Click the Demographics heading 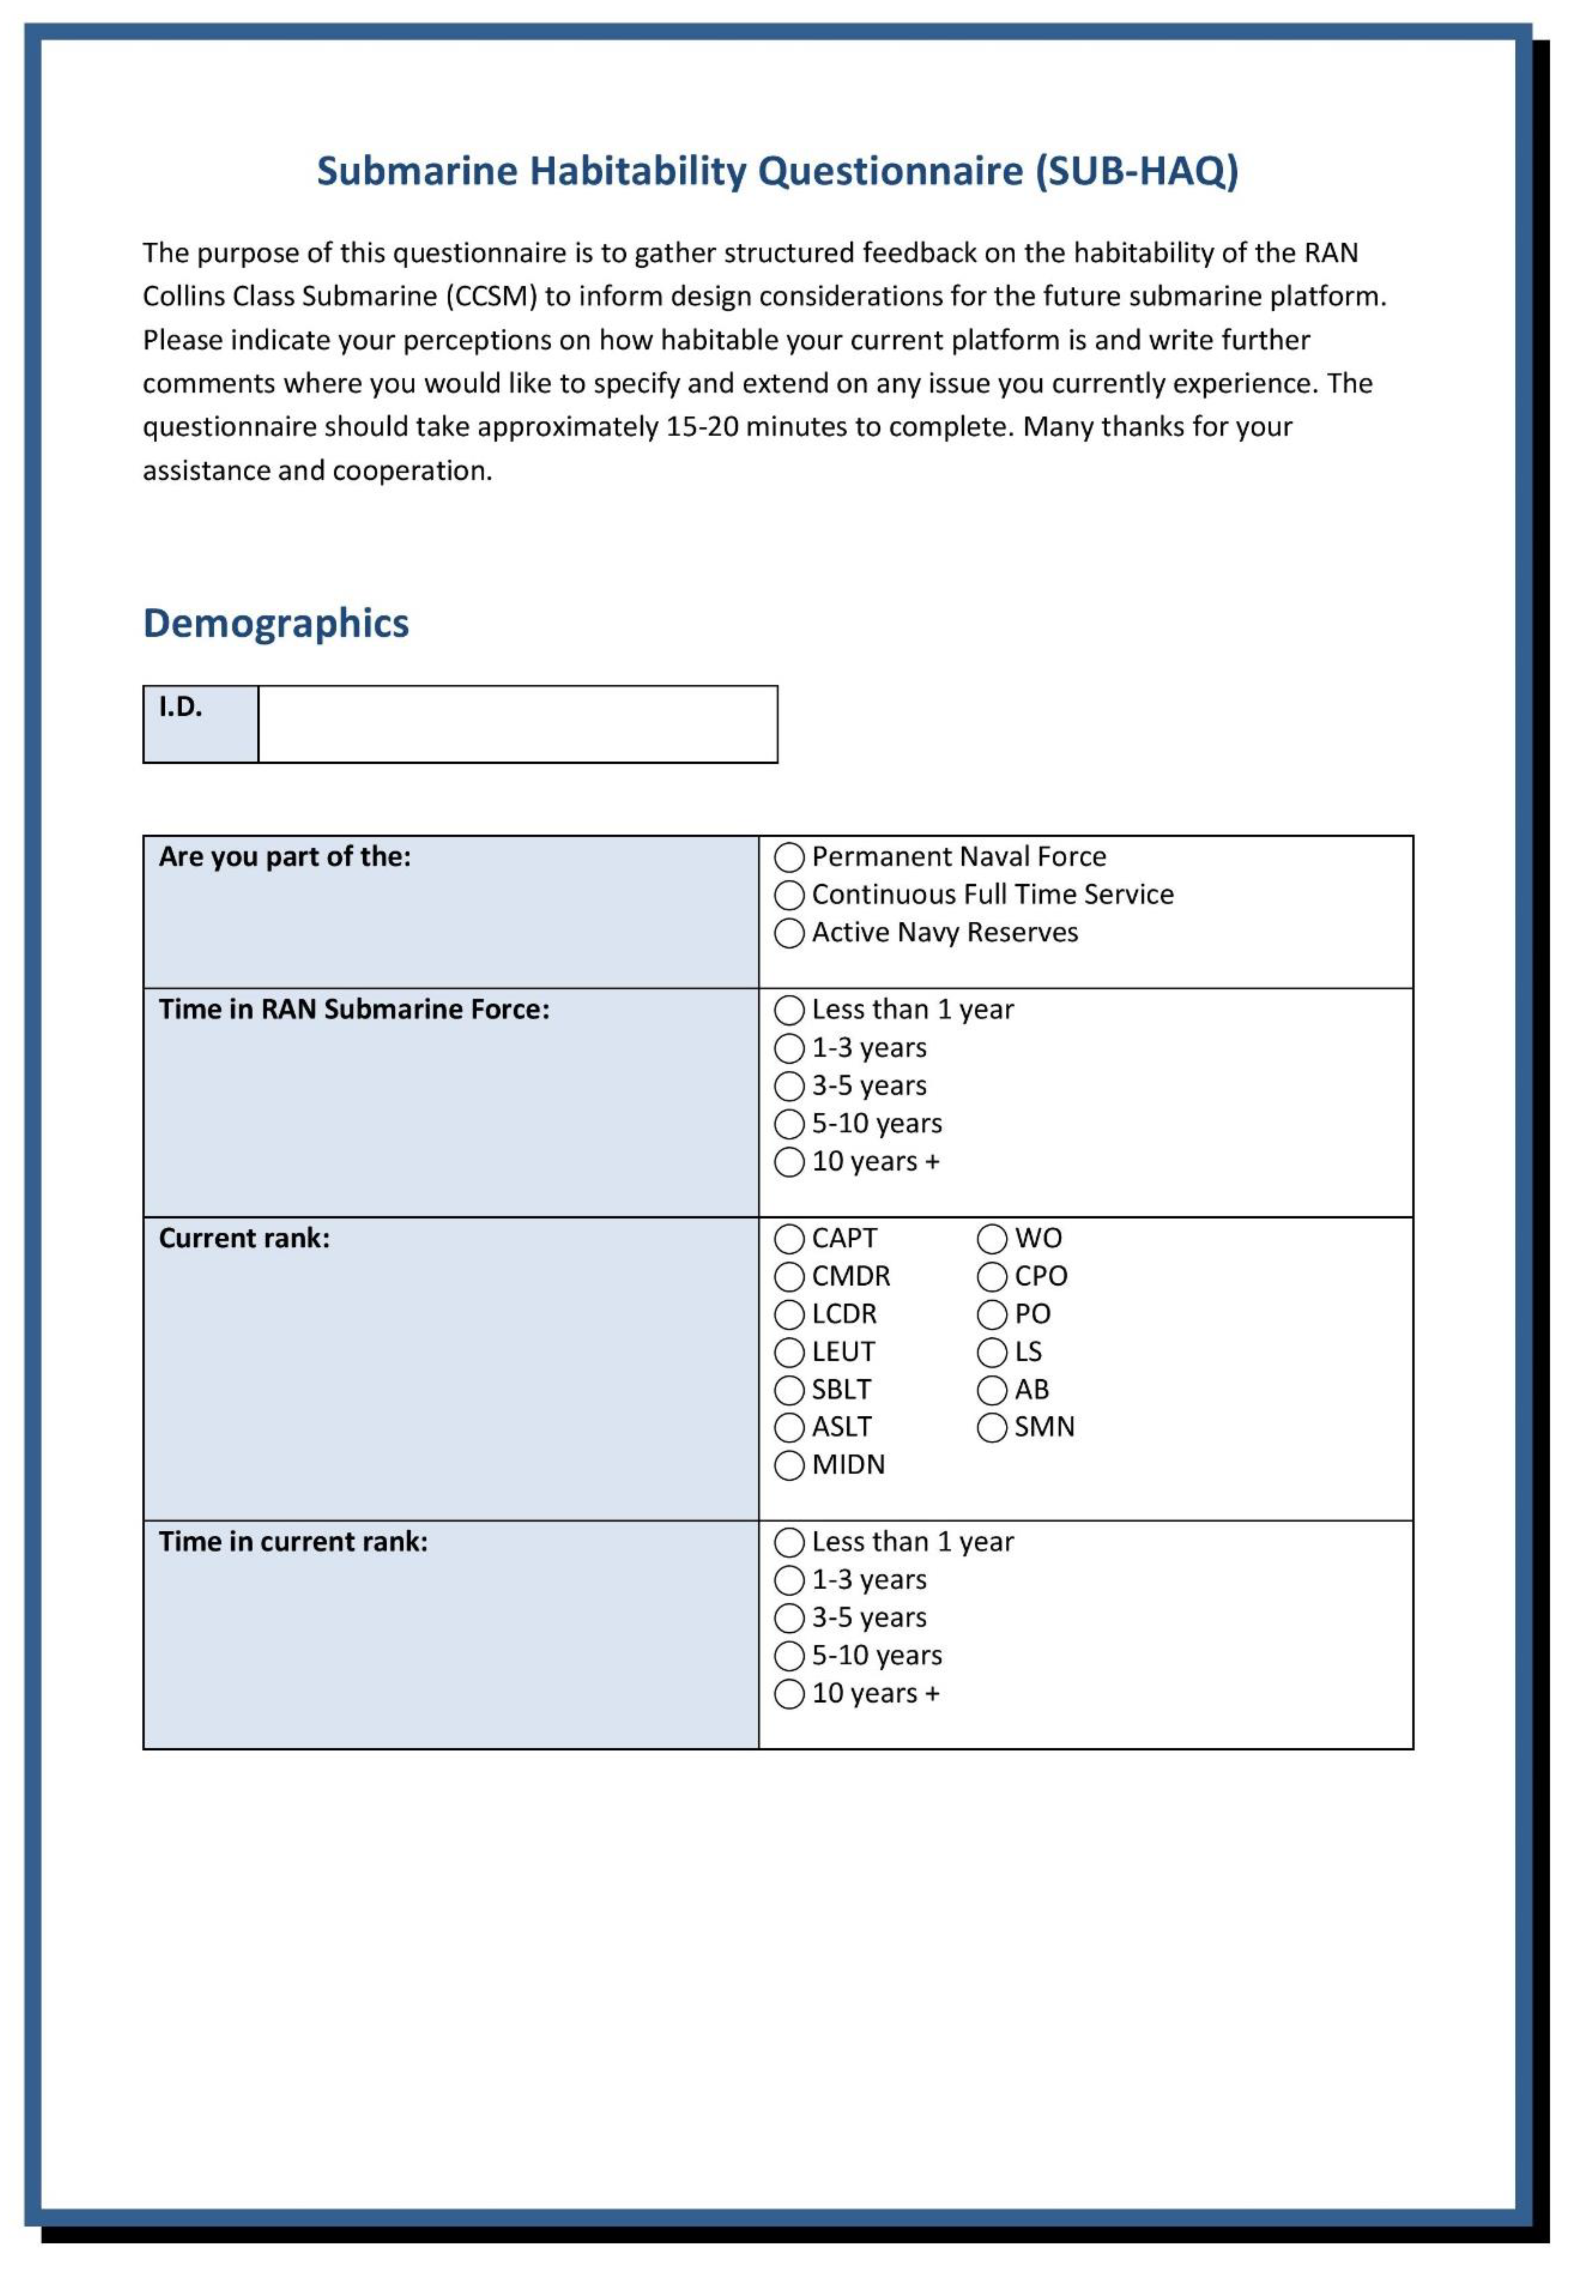click(x=276, y=624)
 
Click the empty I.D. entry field click(x=517, y=725)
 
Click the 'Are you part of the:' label click(x=285, y=857)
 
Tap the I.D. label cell click(x=201, y=725)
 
